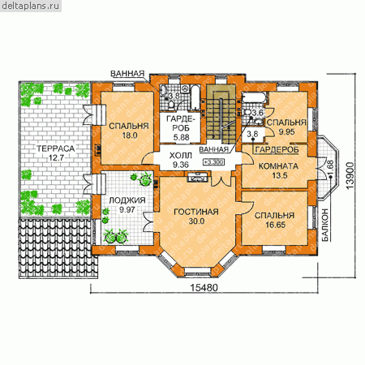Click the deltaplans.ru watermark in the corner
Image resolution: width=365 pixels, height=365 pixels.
[x=30, y=6]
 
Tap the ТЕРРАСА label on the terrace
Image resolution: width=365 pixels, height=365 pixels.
[x=55, y=148]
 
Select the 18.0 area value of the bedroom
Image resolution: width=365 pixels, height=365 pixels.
[x=130, y=135]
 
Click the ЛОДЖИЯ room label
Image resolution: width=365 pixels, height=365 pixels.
[x=127, y=200]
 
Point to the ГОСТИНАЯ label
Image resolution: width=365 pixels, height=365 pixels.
[x=196, y=212]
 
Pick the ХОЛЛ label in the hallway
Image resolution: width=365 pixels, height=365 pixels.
[x=180, y=156]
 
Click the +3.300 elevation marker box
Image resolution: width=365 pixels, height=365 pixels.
[x=213, y=162]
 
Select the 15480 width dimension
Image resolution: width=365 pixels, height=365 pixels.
[x=204, y=288]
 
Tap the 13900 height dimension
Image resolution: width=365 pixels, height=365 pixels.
[x=350, y=175]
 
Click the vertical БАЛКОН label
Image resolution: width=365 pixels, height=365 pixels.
[x=325, y=225]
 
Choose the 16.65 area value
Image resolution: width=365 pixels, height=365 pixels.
[x=275, y=225]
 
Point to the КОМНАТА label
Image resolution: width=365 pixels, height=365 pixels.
[x=278, y=166]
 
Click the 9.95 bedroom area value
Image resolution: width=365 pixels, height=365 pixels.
[x=286, y=132]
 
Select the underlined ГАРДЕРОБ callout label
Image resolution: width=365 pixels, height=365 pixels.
[x=277, y=149]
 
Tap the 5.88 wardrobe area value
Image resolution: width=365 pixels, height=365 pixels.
[x=181, y=137]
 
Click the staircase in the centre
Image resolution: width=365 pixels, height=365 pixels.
[x=221, y=116]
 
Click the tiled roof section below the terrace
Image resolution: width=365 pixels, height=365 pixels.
[x=58, y=248]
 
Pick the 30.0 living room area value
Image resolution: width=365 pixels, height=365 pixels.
[x=196, y=221]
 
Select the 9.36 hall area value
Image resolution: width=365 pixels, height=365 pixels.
[x=181, y=165]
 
